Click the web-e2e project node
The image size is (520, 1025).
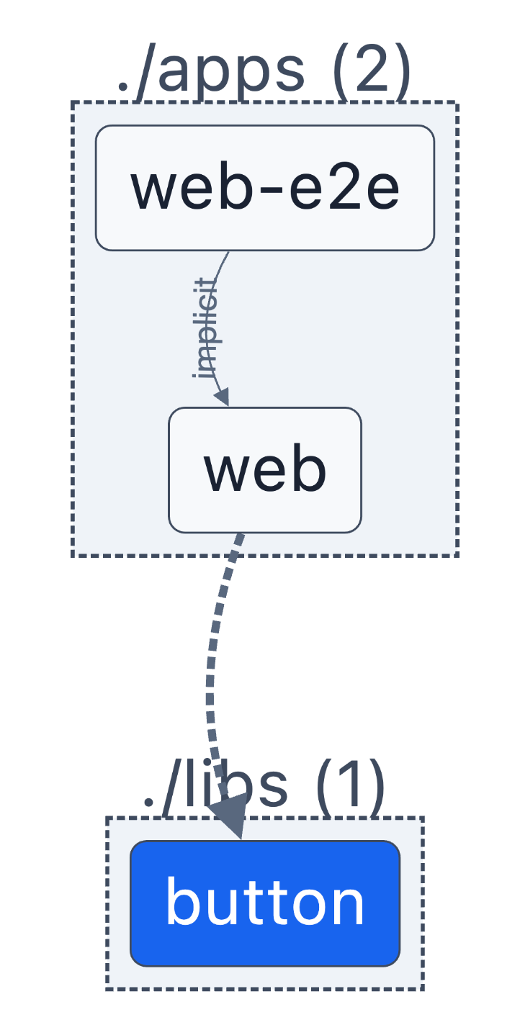pyautogui.click(x=264, y=188)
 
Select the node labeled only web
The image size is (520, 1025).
pyautogui.click(x=264, y=470)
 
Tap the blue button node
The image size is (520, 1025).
pyautogui.click(x=264, y=903)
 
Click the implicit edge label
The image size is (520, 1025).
pyautogui.click(x=206, y=328)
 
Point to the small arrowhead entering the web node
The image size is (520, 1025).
pyautogui.click(x=222, y=397)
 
